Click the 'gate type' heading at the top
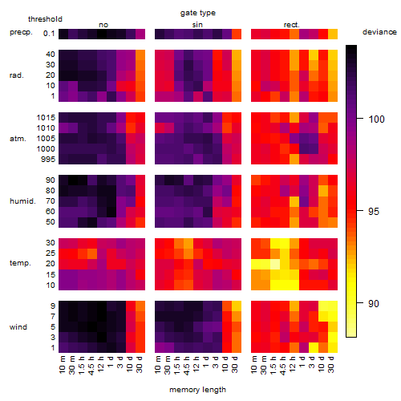click(198, 13)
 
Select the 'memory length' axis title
click(197, 390)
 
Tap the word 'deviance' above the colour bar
click(379, 32)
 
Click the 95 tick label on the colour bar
click(374, 212)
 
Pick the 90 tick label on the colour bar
click(374, 304)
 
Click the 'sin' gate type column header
click(197, 25)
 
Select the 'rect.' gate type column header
click(292, 25)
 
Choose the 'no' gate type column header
click(103, 25)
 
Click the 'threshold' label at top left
click(45, 19)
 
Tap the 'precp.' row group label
click(21, 32)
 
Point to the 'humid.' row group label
click(22, 201)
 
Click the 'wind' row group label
click(18, 327)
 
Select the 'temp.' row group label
click(20, 263)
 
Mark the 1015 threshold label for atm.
click(46, 118)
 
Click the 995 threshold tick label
click(48, 160)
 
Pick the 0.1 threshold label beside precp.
click(49, 34)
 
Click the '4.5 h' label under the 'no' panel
click(91, 366)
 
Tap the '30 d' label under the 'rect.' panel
click(331, 365)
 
